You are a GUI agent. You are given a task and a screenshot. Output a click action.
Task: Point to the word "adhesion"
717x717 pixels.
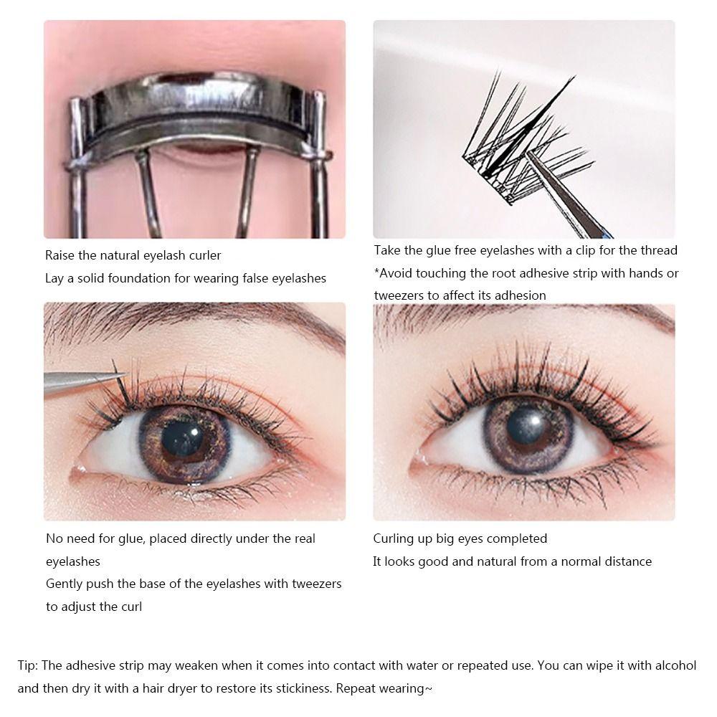coord(517,295)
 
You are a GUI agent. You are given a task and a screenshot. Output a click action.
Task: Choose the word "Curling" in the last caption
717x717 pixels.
coord(394,538)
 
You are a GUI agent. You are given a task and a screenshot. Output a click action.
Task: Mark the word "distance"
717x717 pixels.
coord(626,561)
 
